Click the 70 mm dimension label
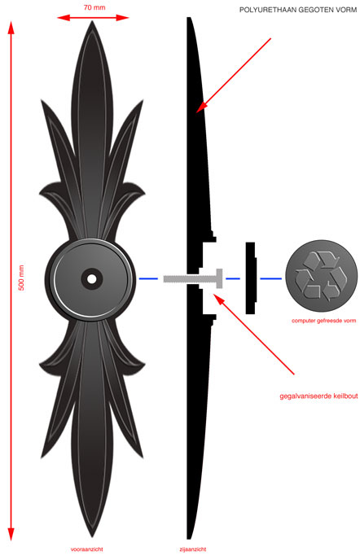(94, 7)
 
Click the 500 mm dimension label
(21, 278)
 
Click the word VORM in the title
(347, 10)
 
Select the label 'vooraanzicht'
(87, 549)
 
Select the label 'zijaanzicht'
(193, 549)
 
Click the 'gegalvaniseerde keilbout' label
(318, 396)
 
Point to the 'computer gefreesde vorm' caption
(323, 321)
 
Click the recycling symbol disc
(321, 276)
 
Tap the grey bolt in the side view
(193, 278)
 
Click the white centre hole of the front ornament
(92, 279)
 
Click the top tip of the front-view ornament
(92, 21)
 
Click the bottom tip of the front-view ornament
(92, 536)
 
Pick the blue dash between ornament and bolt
(148, 278)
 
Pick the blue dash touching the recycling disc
(270, 278)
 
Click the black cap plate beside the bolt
(251, 278)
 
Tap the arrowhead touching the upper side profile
(201, 107)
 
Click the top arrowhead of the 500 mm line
(11, 28)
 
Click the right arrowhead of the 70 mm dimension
(122, 17)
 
